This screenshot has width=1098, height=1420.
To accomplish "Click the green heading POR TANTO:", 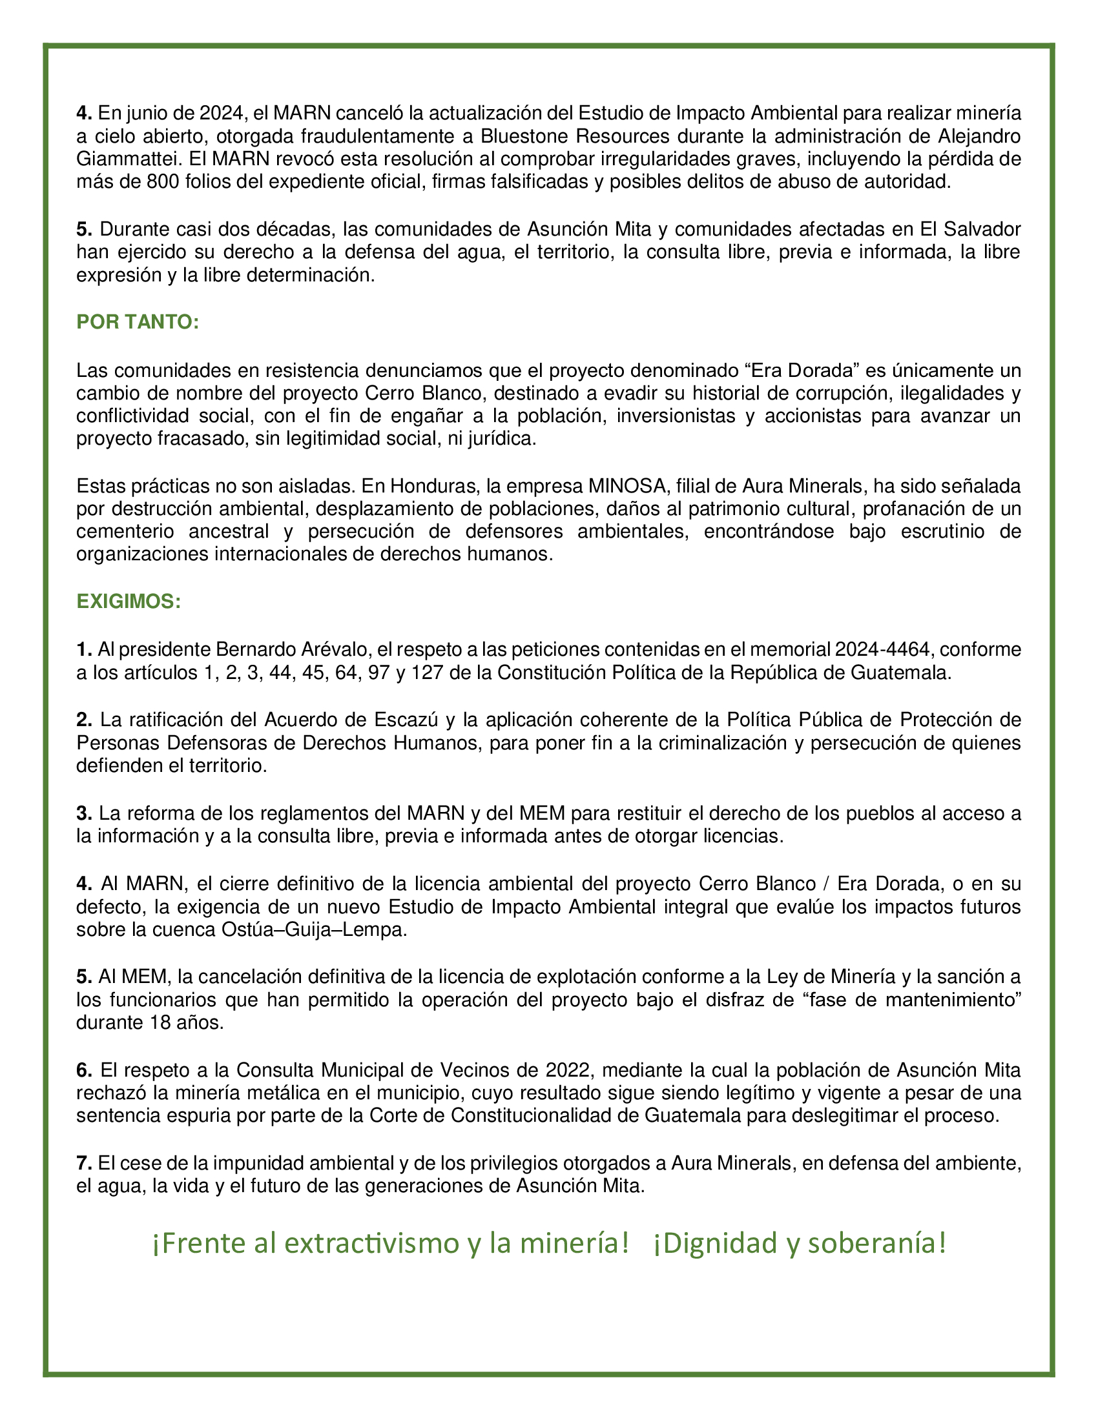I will (137, 323).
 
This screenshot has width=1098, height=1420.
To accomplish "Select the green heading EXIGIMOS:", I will (128, 602).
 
